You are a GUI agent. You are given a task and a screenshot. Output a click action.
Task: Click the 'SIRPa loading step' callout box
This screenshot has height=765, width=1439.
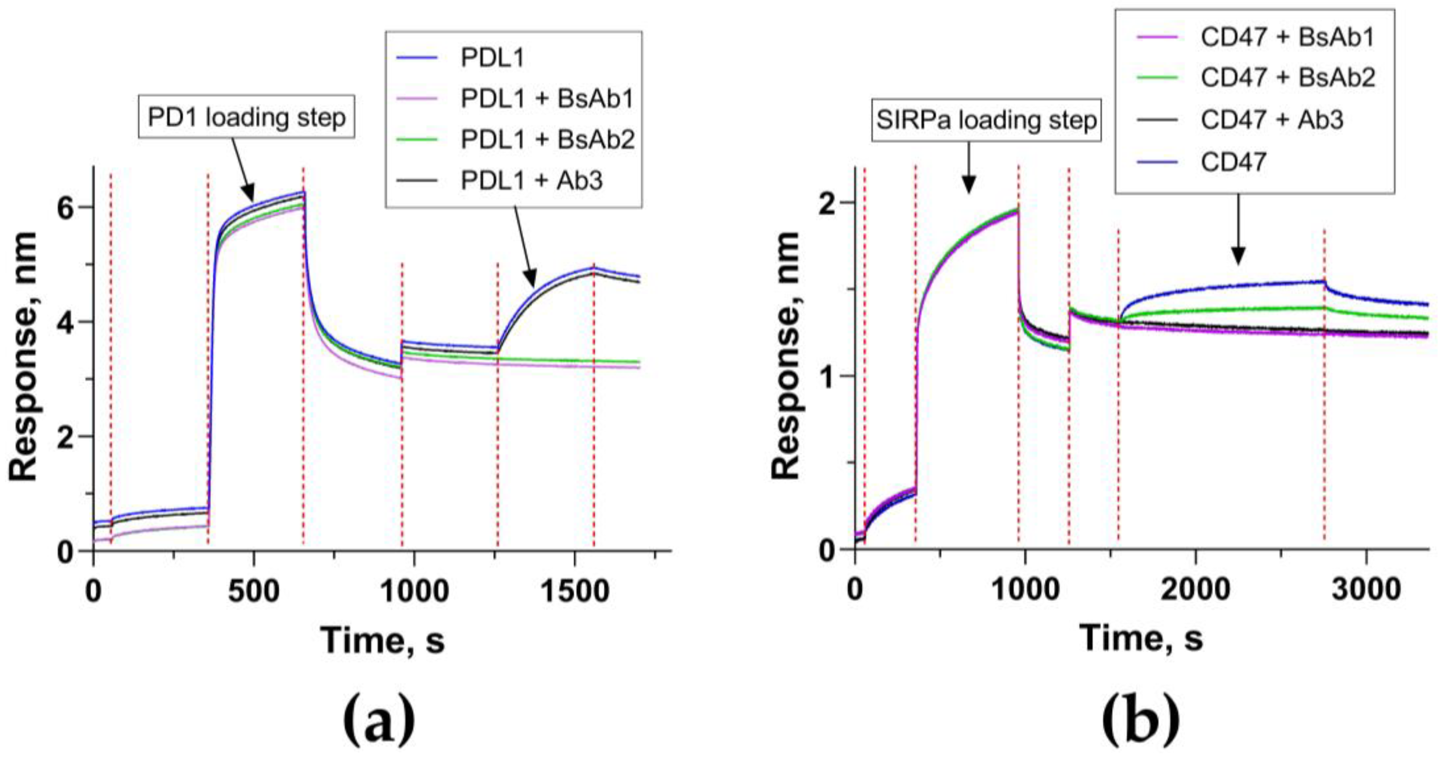pyautogui.click(x=986, y=120)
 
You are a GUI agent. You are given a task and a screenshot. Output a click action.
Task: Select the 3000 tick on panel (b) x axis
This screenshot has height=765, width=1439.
pyautogui.click(x=1365, y=589)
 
